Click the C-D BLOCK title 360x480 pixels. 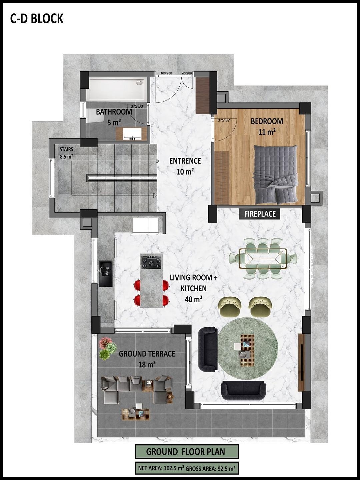37,19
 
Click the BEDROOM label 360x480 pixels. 267,121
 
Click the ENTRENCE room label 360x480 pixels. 185,161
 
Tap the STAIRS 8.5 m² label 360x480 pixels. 66,153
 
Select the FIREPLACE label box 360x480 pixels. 260,214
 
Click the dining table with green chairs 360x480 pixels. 263,258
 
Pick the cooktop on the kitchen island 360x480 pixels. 151,262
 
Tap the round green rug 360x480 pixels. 248,348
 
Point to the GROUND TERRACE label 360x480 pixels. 147,354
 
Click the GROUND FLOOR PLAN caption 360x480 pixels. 186,452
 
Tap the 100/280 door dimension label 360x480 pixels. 166,73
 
